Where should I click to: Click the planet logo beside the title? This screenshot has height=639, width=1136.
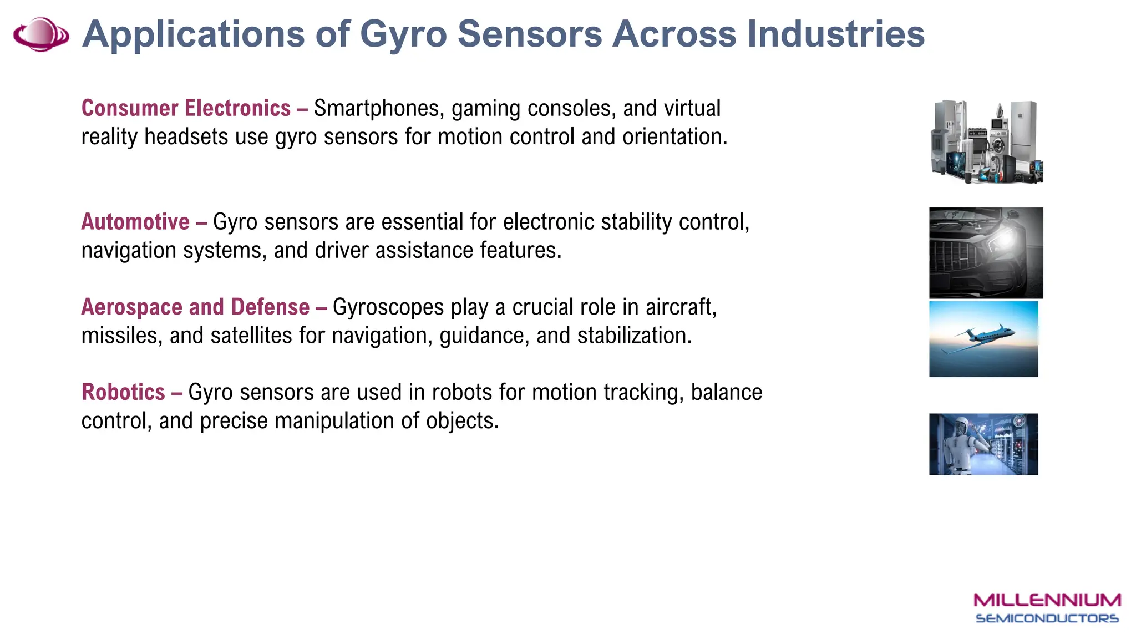pyautogui.click(x=41, y=34)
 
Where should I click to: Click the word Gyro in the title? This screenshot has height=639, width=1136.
pyautogui.click(x=403, y=34)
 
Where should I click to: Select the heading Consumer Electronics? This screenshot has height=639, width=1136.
pyautogui.click(x=186, y=108)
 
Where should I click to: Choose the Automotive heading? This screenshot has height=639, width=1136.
pyautogui.click(x=135, y=222)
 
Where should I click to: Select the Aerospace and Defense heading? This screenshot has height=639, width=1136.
pyautogui.click(x=195, y=307)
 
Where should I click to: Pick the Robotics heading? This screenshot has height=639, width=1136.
pyautogui.click(x=123, y=392)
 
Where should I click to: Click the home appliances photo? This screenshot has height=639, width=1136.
pyautogui.click(x=986, y=141)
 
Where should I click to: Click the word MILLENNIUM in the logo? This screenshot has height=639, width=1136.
pyautogui.click(x=1047, y=600)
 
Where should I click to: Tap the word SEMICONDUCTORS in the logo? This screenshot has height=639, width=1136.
pyautogui.click(x=1047, y=618)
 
